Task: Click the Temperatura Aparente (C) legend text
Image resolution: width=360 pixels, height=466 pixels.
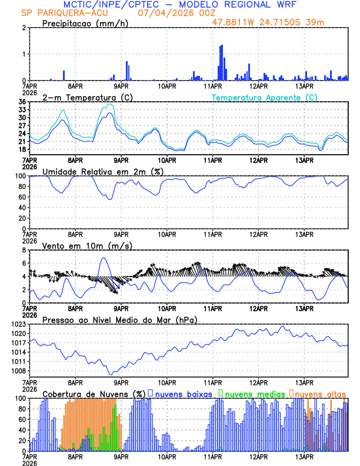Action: [265, 97]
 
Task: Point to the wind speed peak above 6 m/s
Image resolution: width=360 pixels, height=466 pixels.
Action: [104, 258]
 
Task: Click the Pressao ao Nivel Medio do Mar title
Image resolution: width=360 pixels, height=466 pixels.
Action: [119, 319]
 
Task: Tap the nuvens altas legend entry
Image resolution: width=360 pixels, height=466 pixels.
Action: [318, 393]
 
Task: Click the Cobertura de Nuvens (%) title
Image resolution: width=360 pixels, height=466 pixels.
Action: [94, 393]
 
